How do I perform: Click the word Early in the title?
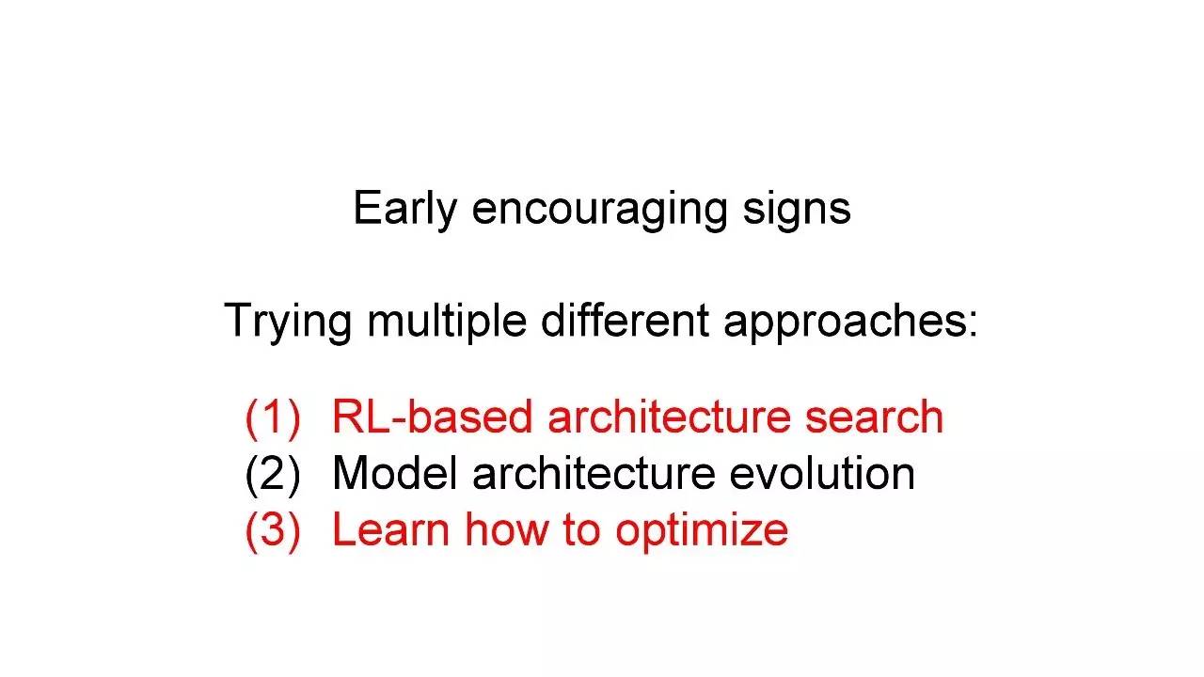click(x=404, y=210)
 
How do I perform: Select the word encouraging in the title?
click(x=600, y=210)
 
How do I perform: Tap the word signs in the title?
click(x=797, y=210)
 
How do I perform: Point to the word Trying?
click(x=288, y=322)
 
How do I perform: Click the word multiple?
click(x=447, y=322)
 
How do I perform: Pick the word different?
click(x=625, y=321)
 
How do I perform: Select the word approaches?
click(x=851, y=322)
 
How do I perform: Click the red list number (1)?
click(x=273, y=418)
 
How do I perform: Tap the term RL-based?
click(x=433, y=417)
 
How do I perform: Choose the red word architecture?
click(x=669, y=417)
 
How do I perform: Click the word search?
click(x=875, y=417)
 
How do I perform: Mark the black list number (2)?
click(x=273, y=475)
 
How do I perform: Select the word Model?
click(x=395, y=473)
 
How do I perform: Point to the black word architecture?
click(x=594, y=473)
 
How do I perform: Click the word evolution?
click(x=822, y=473)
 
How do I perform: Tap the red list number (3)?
click(x=273, y=531)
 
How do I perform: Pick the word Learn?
click(x=391, y=529)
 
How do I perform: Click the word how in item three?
click(x=507, y=529)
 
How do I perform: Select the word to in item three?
click(x=581, y=529)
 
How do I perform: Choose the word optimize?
click(x=702, y=532)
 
